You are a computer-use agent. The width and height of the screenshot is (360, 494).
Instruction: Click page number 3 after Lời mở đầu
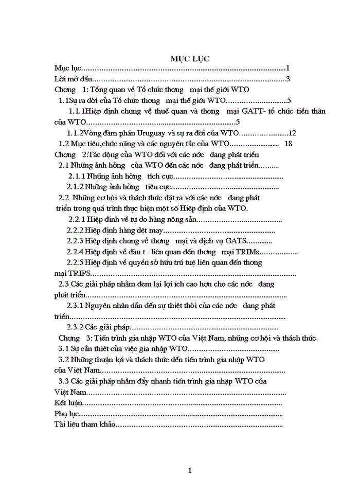click(289, 79)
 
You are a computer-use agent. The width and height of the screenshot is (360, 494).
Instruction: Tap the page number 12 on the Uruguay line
click(293, 133)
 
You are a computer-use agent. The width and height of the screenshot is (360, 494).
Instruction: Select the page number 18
click(288, 144)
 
